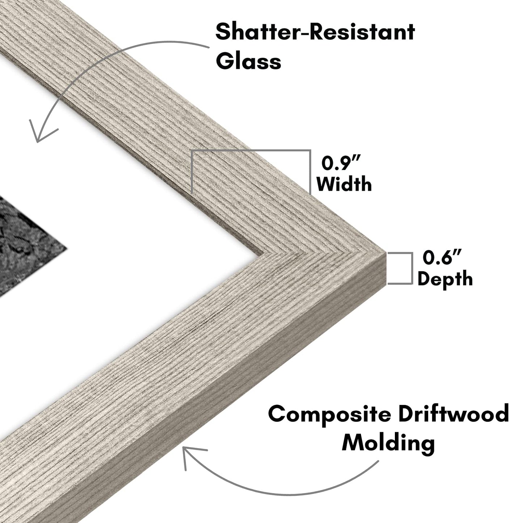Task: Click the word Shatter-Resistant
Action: [x=315, y=32]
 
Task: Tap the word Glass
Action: [x=248, y=62]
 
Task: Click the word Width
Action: [x=344, y=184]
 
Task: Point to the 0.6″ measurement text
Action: [x=442, y=258]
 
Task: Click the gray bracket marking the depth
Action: [x=412, y=268]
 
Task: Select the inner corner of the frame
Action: [x=263, y=254]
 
